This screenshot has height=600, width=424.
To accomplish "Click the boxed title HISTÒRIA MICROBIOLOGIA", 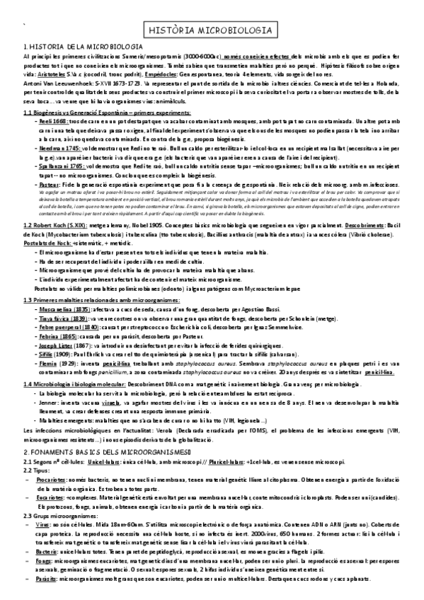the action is [x=212, y=30].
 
